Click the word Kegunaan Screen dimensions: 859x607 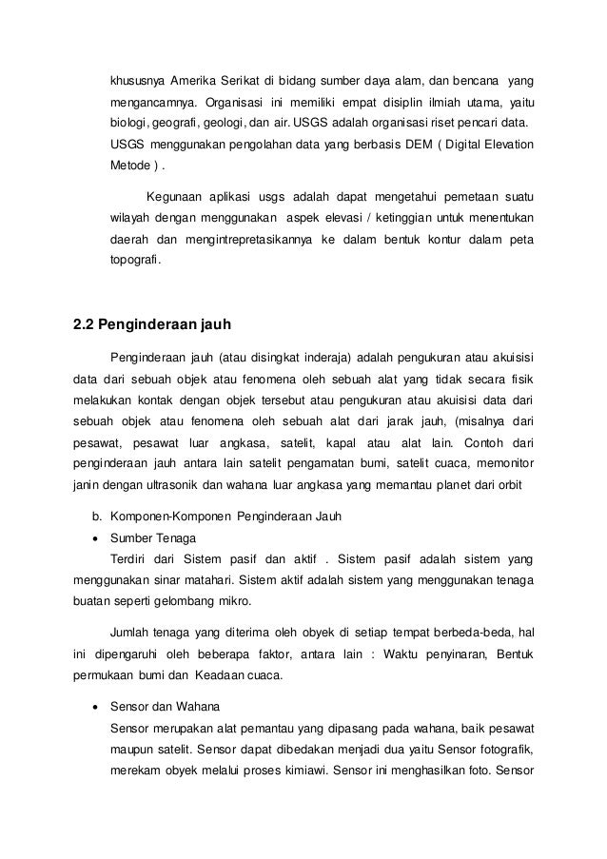coord(174,198)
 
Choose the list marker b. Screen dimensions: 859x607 coord(94,516)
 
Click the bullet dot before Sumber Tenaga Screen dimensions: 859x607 coord(94,537)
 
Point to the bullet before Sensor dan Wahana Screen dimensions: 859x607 coord(94,709)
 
